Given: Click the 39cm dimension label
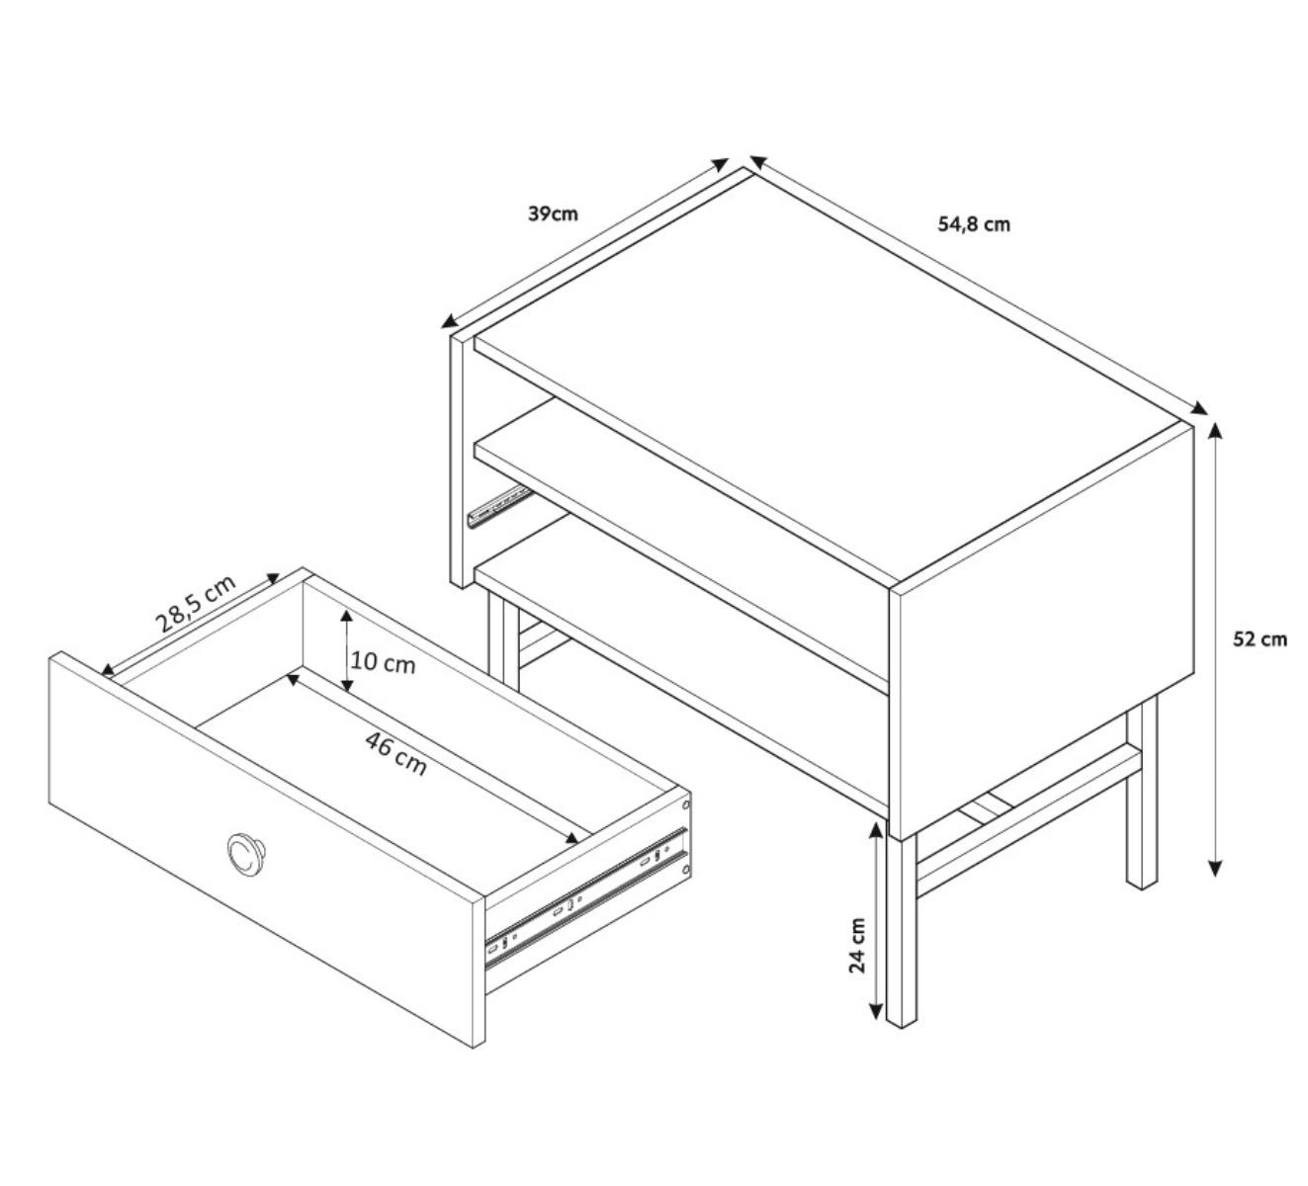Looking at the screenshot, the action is click(x=553, y=213).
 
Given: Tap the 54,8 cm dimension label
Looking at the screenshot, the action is click(x=974, y=224).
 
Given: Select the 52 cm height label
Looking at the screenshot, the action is click(x=1260, y=639).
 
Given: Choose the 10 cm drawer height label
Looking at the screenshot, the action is click(x=383, y=662).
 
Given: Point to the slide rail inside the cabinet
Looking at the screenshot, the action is click(x=498, y=503).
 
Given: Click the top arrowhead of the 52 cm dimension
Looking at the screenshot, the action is click(x=1214, y=429).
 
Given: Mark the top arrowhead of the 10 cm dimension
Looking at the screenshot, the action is click(x=347, y=616).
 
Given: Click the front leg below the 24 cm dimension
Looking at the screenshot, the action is click(x=901, y=940).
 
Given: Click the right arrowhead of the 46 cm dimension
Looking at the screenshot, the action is click(x=572, y=839).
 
